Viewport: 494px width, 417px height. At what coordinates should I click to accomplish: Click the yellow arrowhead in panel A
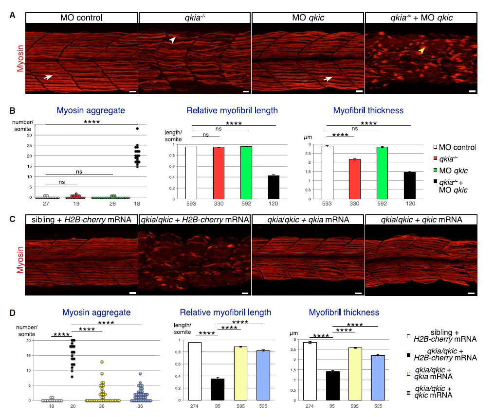click(x=422, y=50)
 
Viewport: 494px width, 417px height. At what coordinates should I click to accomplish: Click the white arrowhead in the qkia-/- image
click(x=172, y=41)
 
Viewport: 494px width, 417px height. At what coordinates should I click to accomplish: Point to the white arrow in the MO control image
click(x=48, y=77)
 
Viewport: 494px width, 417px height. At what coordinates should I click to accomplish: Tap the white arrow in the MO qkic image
click(x=329, y=78)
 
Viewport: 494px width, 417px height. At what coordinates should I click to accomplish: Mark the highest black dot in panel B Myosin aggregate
click(x=137, y=129)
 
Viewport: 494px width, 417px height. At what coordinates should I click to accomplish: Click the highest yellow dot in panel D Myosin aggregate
click(x=102, y=362)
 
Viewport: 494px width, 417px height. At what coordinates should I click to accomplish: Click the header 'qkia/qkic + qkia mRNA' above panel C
click(x=307, y=220)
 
